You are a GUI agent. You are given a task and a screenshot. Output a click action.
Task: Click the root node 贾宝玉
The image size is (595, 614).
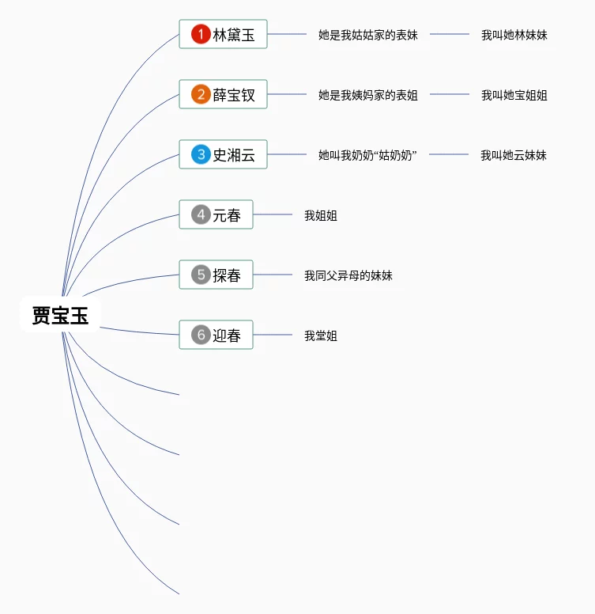[x=61, y=316]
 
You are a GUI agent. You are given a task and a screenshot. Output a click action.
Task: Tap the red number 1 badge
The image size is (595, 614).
[x=201, y=34]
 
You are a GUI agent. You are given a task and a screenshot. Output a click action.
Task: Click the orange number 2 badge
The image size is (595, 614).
[x=201, y=95]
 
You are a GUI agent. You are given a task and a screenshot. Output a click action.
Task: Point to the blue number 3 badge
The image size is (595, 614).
[x=201, y=155]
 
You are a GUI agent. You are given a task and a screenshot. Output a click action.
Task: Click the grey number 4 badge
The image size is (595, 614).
[x=201, y=214]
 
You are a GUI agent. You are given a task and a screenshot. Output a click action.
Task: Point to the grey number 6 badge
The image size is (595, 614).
[x=201, y=335]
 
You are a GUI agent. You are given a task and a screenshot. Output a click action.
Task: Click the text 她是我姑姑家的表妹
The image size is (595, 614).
[x=367, y=35]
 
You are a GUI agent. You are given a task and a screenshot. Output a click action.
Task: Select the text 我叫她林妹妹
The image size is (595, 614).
[x=514, y=35]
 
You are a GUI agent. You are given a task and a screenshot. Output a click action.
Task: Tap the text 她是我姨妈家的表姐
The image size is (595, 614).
[x=367, y=95]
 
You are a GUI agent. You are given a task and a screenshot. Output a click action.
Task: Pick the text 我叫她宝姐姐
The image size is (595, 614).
[x=514, y=95]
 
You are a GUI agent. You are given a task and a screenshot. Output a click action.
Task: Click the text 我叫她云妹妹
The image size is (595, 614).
[x=514, y=155]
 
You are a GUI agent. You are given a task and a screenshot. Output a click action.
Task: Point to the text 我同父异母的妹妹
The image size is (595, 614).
[x=348, y=275]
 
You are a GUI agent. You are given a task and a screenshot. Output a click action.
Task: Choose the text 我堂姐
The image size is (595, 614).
[x=321, y=335]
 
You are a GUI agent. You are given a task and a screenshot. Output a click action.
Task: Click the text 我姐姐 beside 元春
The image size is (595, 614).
[x=321, y=215]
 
